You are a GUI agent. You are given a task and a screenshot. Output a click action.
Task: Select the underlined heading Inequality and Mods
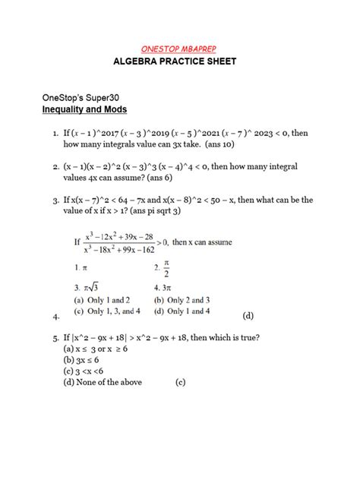(x=84, y=110)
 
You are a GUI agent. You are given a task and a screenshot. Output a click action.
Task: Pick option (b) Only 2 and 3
(x=186, y=299)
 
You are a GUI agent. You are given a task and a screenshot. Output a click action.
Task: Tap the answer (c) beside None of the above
(x=180, y=382)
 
